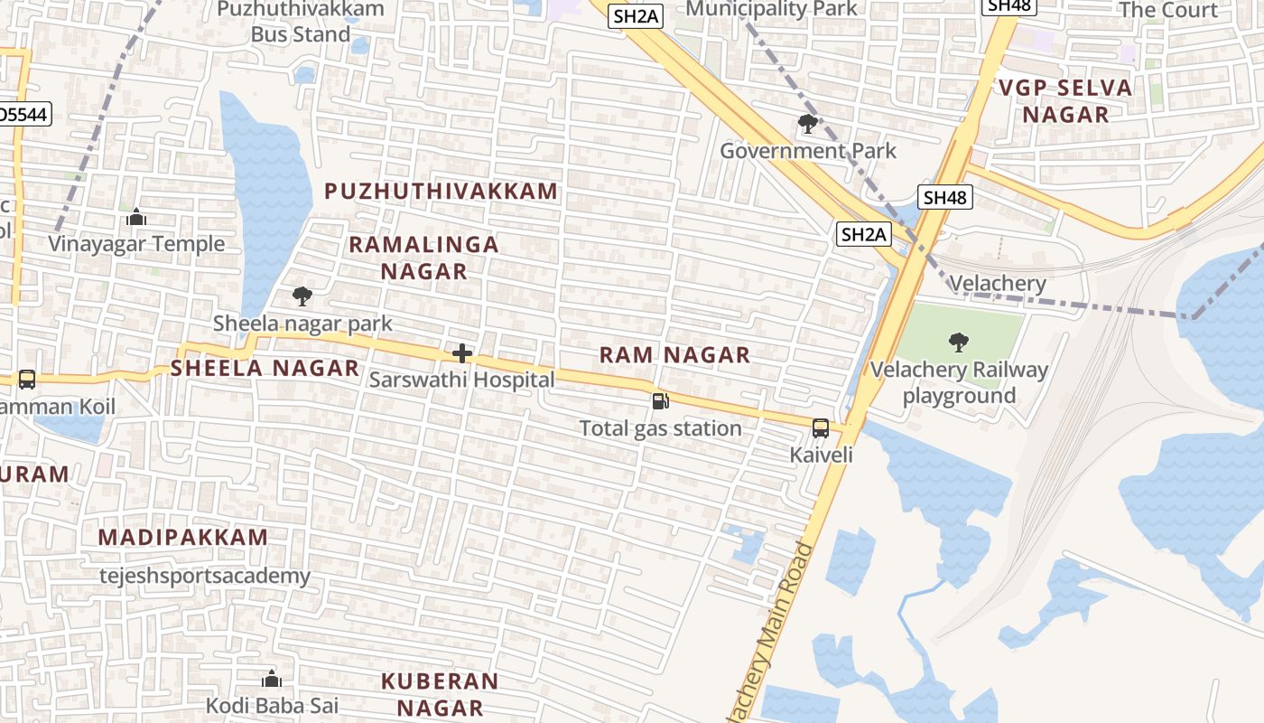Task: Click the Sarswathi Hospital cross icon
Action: pos(462,353)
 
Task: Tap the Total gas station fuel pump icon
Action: pos(661,401)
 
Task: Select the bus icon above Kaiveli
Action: pos(821,428)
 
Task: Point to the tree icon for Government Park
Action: pos(808,124)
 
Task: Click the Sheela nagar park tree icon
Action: pos(302,296)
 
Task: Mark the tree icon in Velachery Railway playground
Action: pos(958,343)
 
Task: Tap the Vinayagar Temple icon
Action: pos(136,217)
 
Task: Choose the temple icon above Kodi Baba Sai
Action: pos(271,679)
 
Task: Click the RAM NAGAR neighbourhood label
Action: pos(674,355)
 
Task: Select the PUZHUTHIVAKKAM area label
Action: pos(441,192)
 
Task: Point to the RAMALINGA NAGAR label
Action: pos(423,258)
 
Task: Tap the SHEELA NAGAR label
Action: pos(265,368)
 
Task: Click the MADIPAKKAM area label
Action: pos(183,537)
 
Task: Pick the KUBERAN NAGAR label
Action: pos(440,694)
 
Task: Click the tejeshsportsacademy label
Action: pos(205,576)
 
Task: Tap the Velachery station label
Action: pos(998,284)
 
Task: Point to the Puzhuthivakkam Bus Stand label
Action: pos(301,22)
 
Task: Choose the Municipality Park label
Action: pos(772,9)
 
